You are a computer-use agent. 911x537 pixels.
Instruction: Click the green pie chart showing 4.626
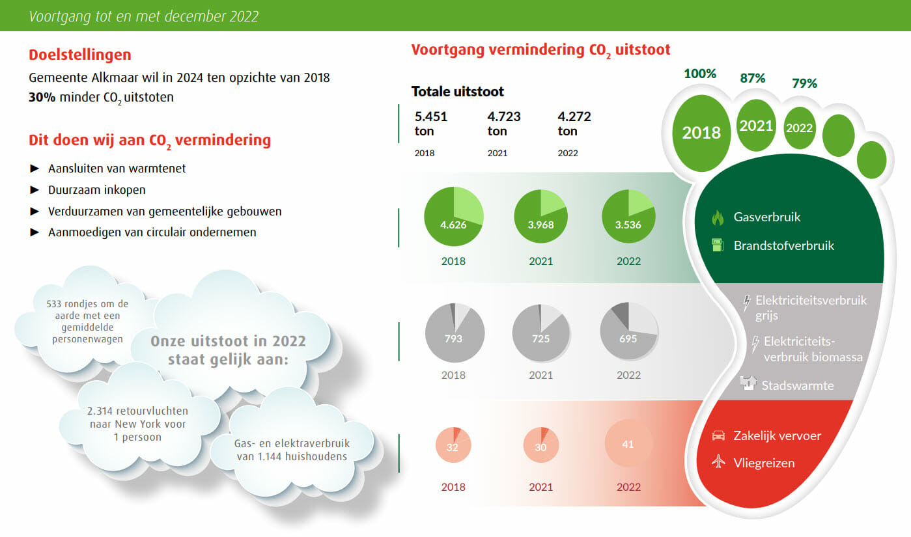453,217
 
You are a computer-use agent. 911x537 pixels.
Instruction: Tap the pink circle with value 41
628,445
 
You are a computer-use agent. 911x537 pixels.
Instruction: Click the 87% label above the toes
752,78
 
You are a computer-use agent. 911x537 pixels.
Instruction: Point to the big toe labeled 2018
701,132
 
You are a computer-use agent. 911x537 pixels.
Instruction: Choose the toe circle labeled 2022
799,128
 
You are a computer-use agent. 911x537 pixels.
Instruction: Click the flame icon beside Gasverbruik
718,217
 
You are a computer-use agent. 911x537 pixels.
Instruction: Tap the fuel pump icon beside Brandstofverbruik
718,245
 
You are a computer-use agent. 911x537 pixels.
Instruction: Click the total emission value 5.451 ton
431,124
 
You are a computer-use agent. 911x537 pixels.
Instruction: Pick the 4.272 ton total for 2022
574,124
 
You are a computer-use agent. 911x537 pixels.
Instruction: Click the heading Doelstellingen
80,55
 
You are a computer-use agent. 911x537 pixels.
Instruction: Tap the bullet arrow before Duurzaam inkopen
35,190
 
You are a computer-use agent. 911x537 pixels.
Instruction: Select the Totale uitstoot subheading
457,92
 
